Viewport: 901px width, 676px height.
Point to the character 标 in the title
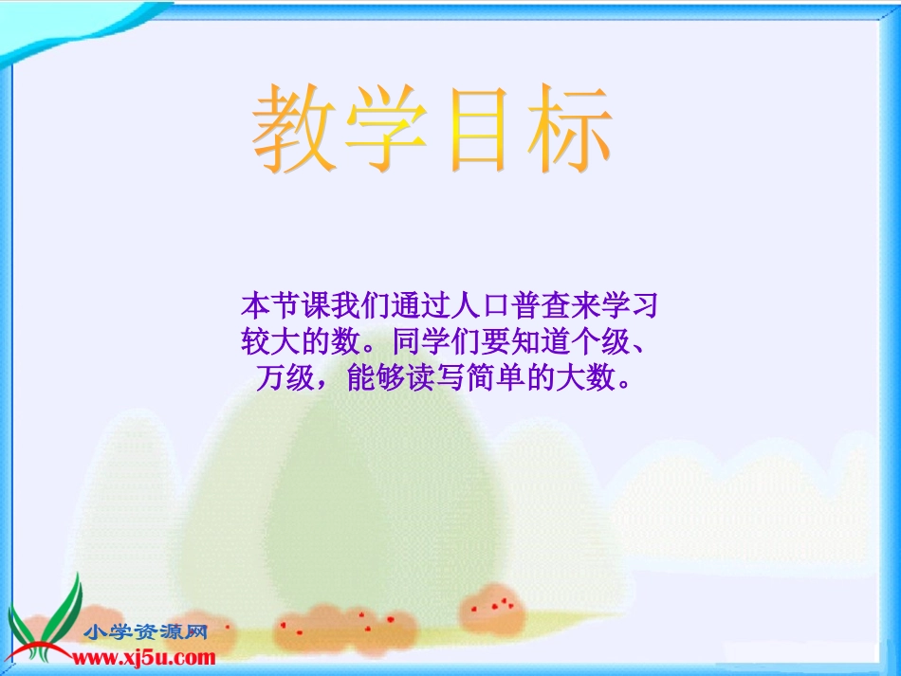569,130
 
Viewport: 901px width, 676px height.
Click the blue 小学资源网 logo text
145,633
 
